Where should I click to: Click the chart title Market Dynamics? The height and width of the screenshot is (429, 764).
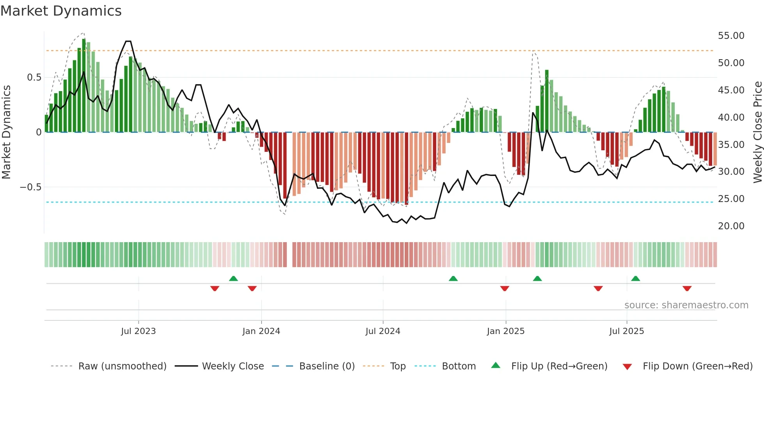[61, 11]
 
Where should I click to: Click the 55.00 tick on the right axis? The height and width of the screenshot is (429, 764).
[731, 36]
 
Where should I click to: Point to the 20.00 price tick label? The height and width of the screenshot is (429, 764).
[731, 226]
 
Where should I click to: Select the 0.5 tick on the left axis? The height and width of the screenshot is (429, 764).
[34, 77]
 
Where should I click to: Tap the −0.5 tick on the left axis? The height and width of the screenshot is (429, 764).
[31, 187]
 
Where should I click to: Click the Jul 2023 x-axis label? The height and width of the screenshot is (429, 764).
[138, 331]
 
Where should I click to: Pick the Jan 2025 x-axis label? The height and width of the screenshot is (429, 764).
[506, 331]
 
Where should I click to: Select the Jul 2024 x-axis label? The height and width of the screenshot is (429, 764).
[383, 331]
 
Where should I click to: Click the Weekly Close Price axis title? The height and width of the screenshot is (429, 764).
[757, 132]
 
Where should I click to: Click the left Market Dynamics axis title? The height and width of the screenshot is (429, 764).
[6, 132]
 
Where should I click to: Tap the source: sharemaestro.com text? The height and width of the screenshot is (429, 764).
[686, 305]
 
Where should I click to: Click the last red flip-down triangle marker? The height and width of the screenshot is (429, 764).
[687, 288]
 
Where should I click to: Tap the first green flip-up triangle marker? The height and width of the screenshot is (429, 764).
[233, 278]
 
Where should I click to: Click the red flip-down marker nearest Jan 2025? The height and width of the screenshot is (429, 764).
[505, 288]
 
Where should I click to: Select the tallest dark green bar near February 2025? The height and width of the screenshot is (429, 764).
[547, 101]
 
